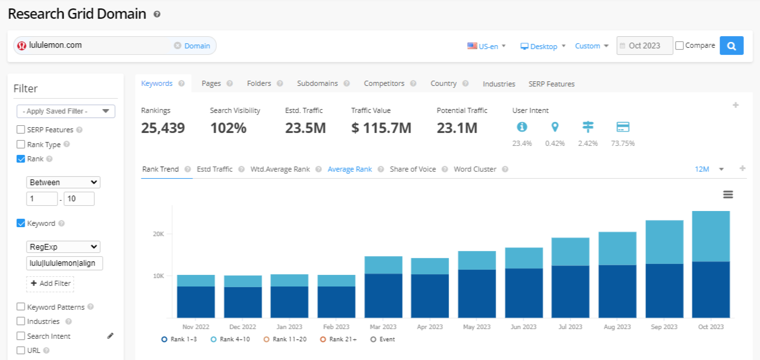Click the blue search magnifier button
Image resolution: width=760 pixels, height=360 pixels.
[x=732, y=46]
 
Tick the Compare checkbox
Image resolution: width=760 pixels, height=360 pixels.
[x=679, y=46]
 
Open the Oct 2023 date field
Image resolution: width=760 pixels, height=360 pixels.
[x=645, y=46]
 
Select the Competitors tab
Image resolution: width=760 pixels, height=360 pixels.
[x=384, y=83]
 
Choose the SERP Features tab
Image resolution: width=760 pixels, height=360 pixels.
[x=551, y=84]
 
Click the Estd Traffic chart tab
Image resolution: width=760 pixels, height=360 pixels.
[x=214, y=169]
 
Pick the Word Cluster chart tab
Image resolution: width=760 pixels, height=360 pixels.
[x=475, y=169]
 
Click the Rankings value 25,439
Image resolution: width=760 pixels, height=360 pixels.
[x=163, y=128]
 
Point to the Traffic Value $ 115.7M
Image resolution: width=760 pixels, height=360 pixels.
[x=381, y=128]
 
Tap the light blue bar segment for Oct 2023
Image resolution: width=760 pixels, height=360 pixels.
[x=711, y=236]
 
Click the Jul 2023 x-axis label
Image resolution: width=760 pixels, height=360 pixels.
[x=570, y=327]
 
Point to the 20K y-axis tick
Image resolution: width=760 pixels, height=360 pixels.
[x=159, y=234]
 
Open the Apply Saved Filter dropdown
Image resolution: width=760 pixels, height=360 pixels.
[x=66, y=111]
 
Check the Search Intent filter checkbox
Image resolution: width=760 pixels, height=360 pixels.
[x=21, y=336]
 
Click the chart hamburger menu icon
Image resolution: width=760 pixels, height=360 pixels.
[x=728, y=195]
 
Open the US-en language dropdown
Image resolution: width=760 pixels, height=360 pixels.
[x=487, y=46]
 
